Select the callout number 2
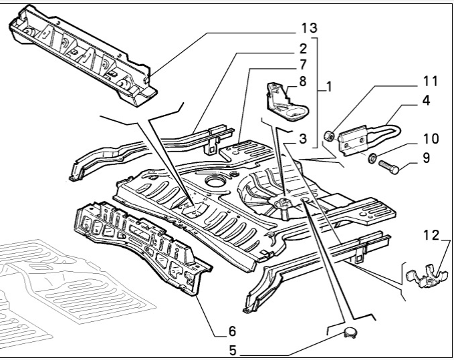pos(303,49)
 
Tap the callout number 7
pos(303,65)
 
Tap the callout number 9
pos(426,159)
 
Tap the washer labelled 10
pos(370,160)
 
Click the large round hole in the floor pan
pos(216,182)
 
